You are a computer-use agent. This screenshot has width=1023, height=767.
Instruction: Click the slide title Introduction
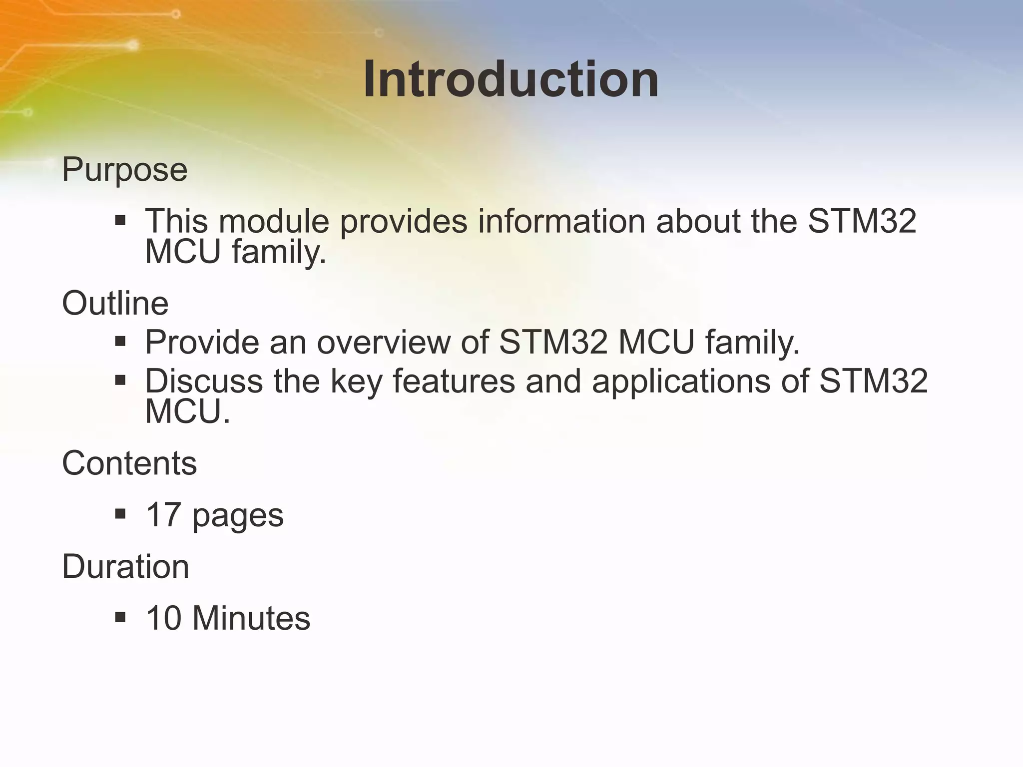[511, 80]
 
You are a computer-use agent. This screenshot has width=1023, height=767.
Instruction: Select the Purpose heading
[124, 170]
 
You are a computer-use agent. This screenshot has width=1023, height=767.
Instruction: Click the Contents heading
[129, 463]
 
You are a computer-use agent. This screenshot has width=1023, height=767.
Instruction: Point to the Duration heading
[125, 567]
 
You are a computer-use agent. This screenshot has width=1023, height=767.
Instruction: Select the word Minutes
[251, 618]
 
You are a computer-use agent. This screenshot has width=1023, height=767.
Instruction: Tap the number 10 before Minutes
[163, 618]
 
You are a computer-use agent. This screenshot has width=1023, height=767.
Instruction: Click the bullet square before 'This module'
[120, 220]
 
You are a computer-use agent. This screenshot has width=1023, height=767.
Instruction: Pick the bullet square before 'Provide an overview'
[120, 342]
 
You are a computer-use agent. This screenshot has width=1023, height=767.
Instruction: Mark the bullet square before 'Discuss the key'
[120, 381]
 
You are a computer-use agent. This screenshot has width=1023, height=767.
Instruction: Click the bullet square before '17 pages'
[120, 514]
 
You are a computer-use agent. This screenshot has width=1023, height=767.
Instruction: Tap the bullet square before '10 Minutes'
[120, 617]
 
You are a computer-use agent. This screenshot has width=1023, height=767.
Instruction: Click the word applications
[700, 382]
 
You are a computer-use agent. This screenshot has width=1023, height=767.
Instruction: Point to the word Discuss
[204, 381]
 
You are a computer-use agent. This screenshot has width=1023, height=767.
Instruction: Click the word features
[454, 381]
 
